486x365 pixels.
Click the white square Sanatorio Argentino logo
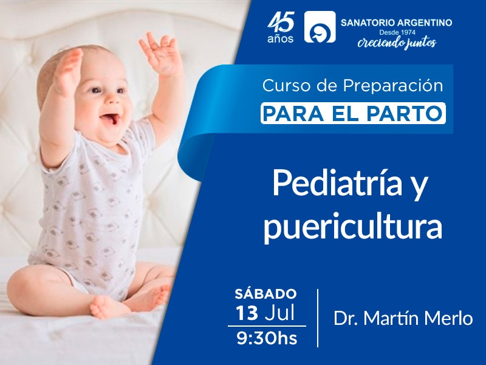[320, 27]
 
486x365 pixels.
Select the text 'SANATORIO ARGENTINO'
[397, 23]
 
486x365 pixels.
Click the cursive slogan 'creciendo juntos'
[397, 43]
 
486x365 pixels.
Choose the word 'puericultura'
[353, 227]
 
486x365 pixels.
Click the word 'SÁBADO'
[265, 294]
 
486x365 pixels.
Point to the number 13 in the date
[247, 313]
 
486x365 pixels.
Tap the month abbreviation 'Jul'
[279, 312]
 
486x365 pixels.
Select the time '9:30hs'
[267, 338]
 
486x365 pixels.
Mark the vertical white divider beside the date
[318, 318]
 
